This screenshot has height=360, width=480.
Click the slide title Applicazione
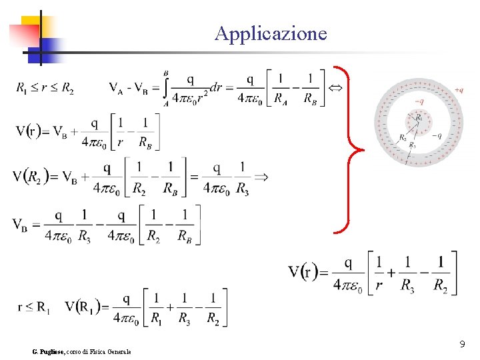tap(271, 33)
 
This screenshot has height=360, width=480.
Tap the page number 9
tap(462, 344)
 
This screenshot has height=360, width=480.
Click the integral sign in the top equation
tap(165, 88)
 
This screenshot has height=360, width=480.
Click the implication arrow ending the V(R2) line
tap(261, 176)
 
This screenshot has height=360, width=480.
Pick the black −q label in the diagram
tap(436, 135)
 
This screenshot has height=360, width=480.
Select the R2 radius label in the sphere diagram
tap(402, 138)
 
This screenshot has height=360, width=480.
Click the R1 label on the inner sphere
tap(419, 117)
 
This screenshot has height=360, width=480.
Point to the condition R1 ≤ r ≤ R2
tap(45, 89)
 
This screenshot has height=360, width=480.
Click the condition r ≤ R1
tap(34, 307)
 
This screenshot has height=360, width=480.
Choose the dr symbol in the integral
tap(215, 87)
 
